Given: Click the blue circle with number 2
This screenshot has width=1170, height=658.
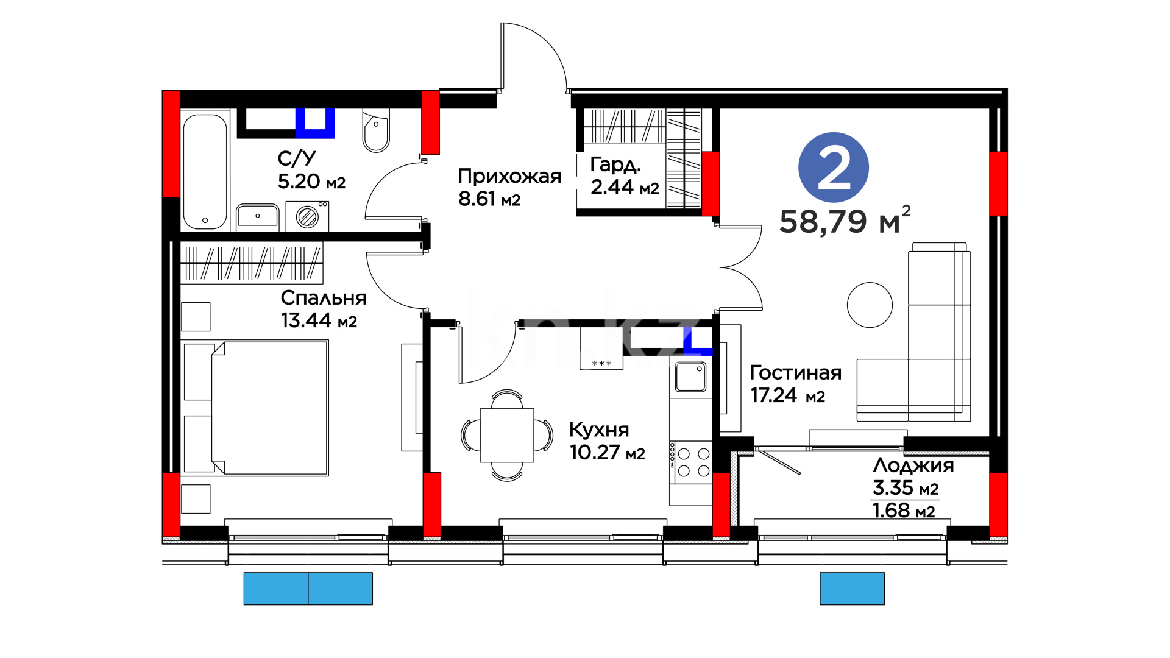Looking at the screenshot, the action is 833,168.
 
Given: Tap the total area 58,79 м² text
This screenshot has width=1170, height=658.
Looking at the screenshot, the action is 845,220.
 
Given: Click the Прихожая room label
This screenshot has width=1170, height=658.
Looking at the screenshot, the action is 509,176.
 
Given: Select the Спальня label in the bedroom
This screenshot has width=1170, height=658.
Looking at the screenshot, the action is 324,297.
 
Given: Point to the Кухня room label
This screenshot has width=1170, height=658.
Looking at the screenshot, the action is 599,430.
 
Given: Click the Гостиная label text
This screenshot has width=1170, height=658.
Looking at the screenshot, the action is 795,372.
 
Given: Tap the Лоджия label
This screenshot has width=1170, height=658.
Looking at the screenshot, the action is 913,466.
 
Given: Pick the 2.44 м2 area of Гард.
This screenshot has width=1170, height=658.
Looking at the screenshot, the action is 625,187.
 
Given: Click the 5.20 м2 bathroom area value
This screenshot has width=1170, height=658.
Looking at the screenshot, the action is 311,181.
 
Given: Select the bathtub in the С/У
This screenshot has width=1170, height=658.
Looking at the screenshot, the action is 205,171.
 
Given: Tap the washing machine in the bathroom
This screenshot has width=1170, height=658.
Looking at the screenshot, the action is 307,216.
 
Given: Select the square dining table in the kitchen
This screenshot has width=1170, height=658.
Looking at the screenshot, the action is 507,435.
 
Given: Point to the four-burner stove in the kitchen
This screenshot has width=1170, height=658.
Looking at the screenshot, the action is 690,462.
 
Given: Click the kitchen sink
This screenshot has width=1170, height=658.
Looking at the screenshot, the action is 690,377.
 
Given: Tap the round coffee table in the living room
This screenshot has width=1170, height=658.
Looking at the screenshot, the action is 870,305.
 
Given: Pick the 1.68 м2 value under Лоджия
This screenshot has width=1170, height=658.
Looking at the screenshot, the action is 904,511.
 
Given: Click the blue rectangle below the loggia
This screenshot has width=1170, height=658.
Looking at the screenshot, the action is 852,589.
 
